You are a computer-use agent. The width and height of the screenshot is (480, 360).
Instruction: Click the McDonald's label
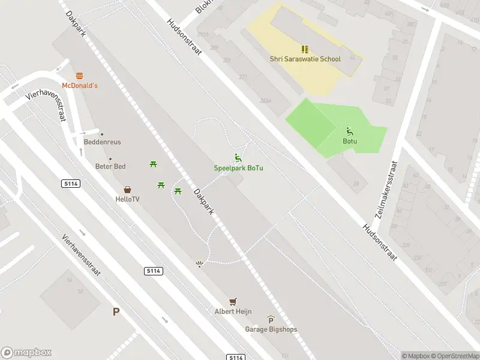80,86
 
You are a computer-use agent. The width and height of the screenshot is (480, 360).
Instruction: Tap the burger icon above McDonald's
80,76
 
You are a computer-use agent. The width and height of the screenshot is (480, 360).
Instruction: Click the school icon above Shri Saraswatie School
304,49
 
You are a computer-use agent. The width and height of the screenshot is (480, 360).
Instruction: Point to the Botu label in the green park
350,142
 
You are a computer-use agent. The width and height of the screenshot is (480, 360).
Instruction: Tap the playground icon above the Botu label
350,131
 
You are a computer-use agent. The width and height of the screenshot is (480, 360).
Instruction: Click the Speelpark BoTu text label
238,168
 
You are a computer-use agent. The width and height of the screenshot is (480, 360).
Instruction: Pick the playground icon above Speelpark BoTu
238,158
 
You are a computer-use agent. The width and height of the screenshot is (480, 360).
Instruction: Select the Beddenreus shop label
102,142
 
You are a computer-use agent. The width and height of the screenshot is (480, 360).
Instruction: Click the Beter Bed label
110,166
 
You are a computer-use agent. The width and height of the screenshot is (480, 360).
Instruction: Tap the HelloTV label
128,199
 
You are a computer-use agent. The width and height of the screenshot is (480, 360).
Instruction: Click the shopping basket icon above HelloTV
128,189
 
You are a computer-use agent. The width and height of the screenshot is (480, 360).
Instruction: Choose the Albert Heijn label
233,311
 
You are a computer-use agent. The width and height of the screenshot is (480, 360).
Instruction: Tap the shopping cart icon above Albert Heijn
233,302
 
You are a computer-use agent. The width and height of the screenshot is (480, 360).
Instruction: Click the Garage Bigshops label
271,329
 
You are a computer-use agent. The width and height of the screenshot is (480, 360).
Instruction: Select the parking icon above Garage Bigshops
271,320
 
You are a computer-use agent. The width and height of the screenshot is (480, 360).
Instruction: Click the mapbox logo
26,353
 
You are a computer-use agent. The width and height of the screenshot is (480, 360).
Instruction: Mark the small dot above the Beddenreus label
102,134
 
